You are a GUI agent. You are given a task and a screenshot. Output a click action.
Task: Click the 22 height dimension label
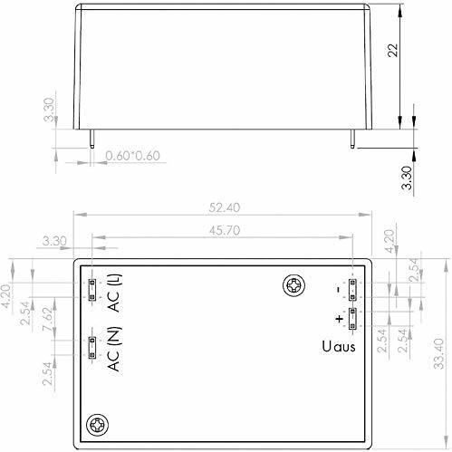pyautogui.click(x=393, y=50)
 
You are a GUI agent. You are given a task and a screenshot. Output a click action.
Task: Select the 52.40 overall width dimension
pyautogui.click(x=225, y=207)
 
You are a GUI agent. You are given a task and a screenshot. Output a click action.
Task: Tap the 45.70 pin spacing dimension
pyautogui.click(x=225, y=231)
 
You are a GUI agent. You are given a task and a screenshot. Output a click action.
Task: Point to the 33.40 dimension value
pyautogui.click(x=438, y=353)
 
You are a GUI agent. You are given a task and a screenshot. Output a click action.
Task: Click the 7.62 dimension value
pyautogui.click(x=49, y=319)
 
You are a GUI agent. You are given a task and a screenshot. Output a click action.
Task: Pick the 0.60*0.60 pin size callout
pyautogui.click(x=132, y=156)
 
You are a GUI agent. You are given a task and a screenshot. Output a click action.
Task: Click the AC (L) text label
pyautogui.click(x=115, y=293)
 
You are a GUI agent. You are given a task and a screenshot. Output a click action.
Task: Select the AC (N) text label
pyautogui.click(x=114, y=349)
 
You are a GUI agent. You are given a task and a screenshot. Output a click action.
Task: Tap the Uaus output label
pyautogui.click(x=339, y=346)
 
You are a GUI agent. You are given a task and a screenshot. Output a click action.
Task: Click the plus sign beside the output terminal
pyautogui.click(x=340, y=319)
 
